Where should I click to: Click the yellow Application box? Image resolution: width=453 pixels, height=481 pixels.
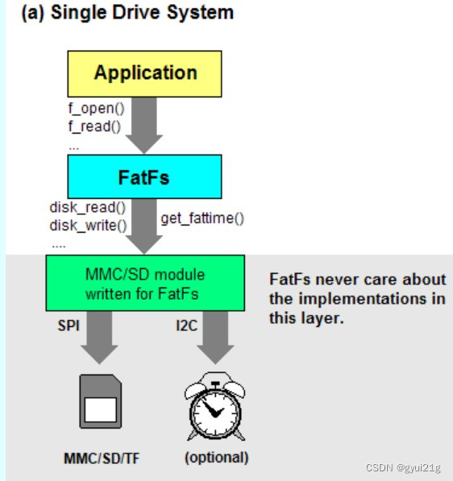coord(145,73)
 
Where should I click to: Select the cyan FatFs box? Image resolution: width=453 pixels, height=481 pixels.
coord(145,176)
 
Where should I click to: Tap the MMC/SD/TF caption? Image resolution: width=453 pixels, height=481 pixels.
coord(102,458)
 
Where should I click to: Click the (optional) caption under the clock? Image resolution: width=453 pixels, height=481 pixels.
coord(217,458)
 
